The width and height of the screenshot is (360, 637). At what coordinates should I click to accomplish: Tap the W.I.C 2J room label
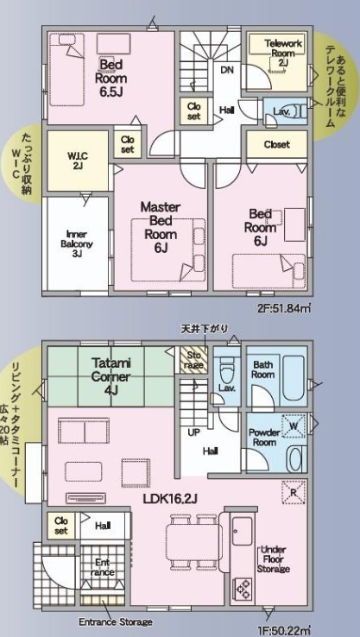[x=78, y=160]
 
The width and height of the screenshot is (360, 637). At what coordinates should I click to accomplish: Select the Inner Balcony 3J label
[x=76, y=244]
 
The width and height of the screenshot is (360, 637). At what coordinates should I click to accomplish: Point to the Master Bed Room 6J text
[x=160, y=227]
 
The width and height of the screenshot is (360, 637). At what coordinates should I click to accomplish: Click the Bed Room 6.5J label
[x=111, y=78]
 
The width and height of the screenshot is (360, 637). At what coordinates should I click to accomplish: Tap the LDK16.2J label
[x=170, y=498]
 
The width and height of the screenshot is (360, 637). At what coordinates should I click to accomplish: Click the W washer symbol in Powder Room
[x=294, y=426]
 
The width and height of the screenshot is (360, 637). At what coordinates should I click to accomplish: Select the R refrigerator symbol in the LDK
[x=293, y=492]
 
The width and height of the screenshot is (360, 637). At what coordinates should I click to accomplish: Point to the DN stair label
[x=227, y=70]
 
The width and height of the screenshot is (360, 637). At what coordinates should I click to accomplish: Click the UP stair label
[x=194, y=432]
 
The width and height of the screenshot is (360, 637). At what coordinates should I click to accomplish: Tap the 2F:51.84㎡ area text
[x=284, y=308]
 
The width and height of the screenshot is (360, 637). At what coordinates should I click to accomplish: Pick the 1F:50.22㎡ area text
[x=284, y=631]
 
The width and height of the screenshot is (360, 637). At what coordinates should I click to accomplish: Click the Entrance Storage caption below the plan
[x=116, y=622]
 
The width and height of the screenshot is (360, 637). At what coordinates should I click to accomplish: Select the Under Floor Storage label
[x=273, y=559]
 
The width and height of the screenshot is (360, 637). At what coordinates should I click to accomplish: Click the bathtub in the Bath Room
[x=294, y=379]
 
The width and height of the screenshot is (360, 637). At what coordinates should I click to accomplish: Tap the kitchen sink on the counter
[x=243, y=531]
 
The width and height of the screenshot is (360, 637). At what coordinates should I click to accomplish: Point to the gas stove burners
[x=243, y=589]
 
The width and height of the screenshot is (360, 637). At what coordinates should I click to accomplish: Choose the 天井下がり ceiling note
[x=205, y=329]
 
